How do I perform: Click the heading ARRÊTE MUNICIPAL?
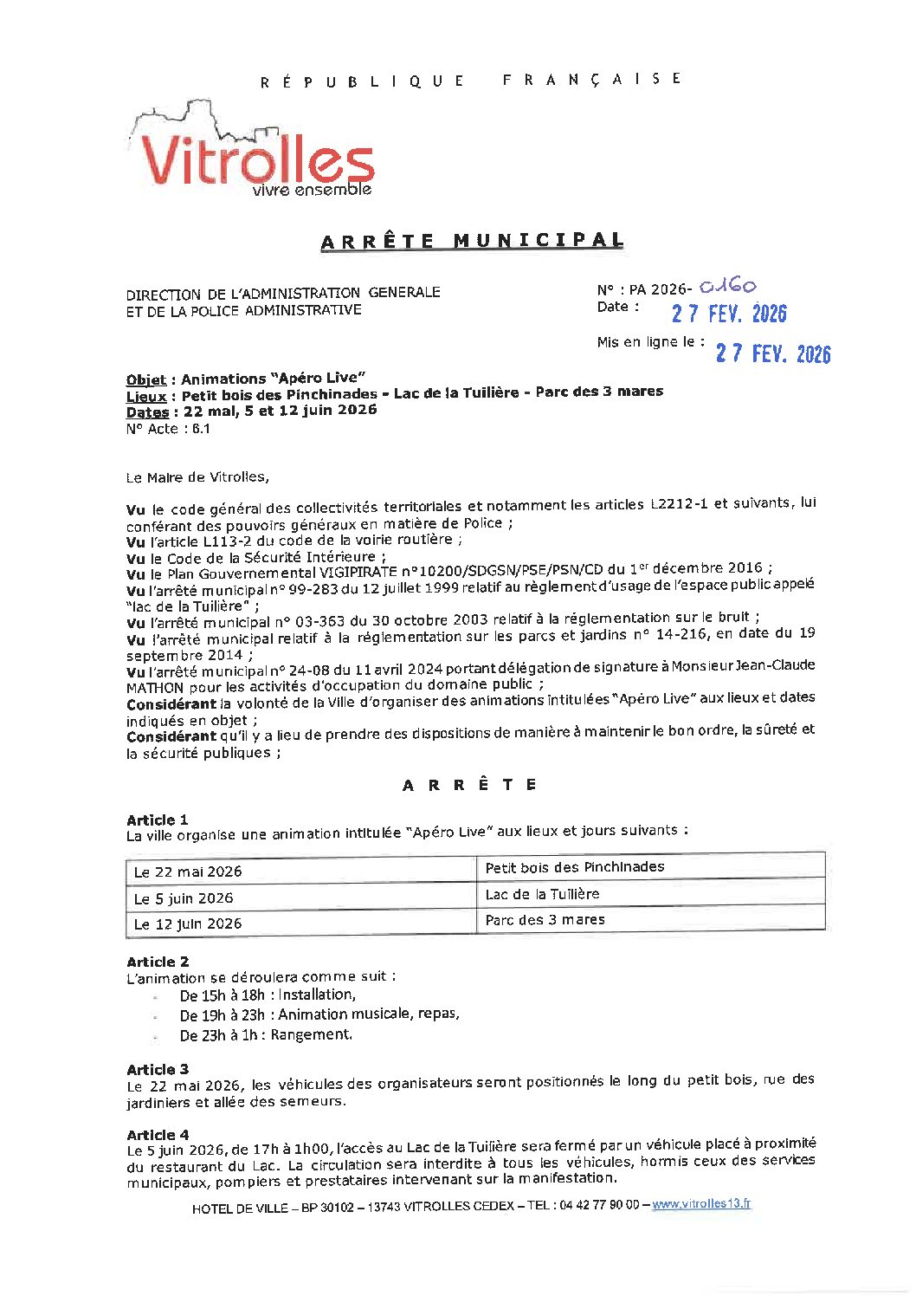[472, 241]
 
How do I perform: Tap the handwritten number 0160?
[727, 286]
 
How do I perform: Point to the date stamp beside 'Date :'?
[729, 314]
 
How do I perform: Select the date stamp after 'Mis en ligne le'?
[772, 353]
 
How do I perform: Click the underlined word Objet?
[146, 379]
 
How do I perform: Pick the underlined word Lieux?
[146, 396]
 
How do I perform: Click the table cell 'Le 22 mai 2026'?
[188, 872]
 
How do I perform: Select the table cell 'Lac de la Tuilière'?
[542, 894]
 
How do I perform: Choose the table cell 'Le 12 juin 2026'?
[188, 924]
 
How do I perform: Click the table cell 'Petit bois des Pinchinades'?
[575, 867]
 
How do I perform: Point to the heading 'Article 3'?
[158, 1070]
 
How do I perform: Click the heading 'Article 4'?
[158, 1135]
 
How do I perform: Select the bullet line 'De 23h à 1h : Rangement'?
[266, 1035]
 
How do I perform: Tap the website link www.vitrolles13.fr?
[701, 1204]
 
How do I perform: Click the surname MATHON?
[155, 688]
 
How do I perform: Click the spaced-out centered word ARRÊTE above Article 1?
[470, 785]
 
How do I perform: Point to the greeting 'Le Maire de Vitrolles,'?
[197, 477]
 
